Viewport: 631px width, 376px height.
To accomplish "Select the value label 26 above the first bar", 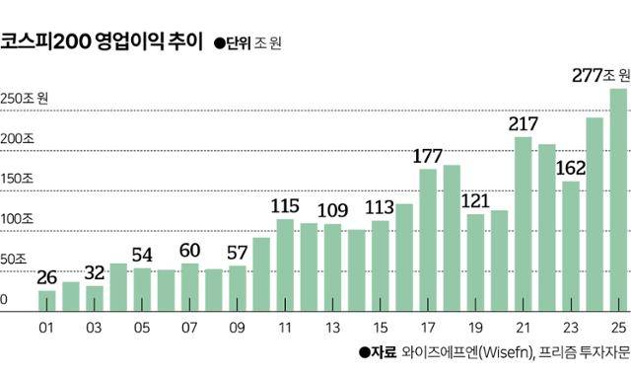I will [46, 276].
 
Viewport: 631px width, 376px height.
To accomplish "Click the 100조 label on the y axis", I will [17, 218].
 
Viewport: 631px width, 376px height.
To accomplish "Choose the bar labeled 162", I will [571, 247].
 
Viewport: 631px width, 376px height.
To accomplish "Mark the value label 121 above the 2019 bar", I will [475, 201].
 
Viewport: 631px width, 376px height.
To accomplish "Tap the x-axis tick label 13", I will [332, 329].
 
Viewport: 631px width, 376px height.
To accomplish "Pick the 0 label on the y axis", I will [5, 299].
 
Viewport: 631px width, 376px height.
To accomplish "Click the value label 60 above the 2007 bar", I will [189, 250].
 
